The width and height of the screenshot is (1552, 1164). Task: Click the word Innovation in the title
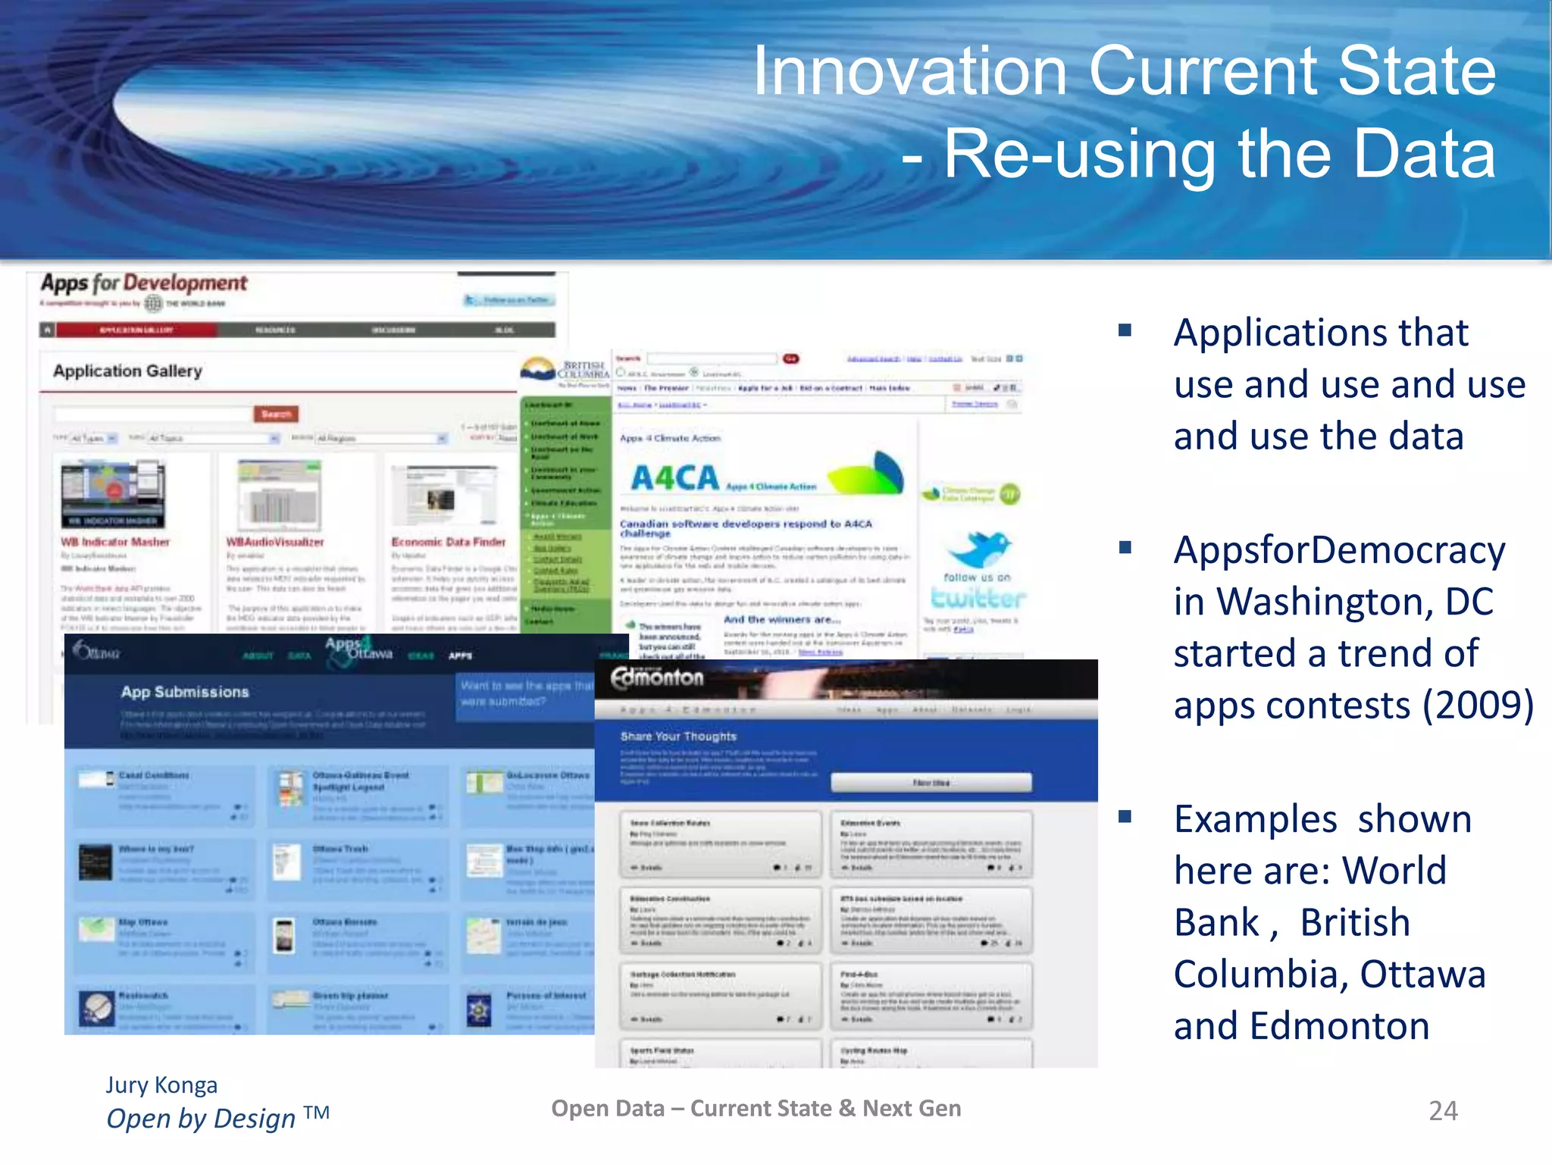click(x=909, y=71)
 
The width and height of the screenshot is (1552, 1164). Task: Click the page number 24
click(x=1443, y=1111)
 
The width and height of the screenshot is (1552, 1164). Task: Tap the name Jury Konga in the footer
click(x=161, y=1085)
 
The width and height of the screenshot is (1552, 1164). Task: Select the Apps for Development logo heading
click(x=144, y=283)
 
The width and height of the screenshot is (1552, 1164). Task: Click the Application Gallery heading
click(x=127, y=371)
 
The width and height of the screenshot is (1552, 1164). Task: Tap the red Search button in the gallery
click(x=276, y=414)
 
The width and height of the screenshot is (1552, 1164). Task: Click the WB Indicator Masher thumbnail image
click(x=114, y=494)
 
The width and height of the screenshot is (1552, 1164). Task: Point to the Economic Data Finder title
click(x=448, y=542)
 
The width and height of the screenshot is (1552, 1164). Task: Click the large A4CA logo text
click(x=674, y=478)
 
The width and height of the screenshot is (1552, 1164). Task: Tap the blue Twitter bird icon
click(x=978, y=549)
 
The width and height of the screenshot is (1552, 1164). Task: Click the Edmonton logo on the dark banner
click(x=657, y=677)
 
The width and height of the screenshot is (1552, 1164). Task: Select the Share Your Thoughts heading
click(x=678, y=737)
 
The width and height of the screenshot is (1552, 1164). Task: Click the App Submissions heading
click(x=185, y=692)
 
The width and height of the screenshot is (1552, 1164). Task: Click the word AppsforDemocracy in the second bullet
click(x=1338, y=550)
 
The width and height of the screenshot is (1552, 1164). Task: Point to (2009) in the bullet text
click(x=1478, y=706)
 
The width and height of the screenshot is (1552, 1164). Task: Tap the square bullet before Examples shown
click(x=1125, y=817)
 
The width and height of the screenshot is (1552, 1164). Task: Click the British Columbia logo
click(x=565, y=371)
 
